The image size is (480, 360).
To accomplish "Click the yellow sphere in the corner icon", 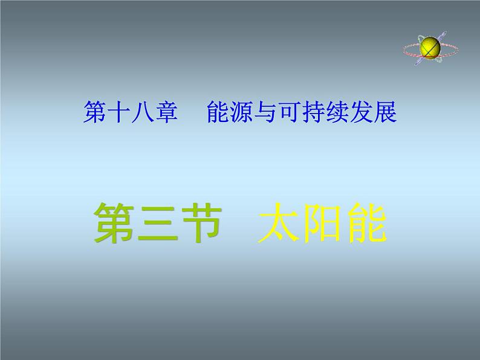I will [x=430, y=46].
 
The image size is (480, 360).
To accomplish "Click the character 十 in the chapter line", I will [x=118, y=112].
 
